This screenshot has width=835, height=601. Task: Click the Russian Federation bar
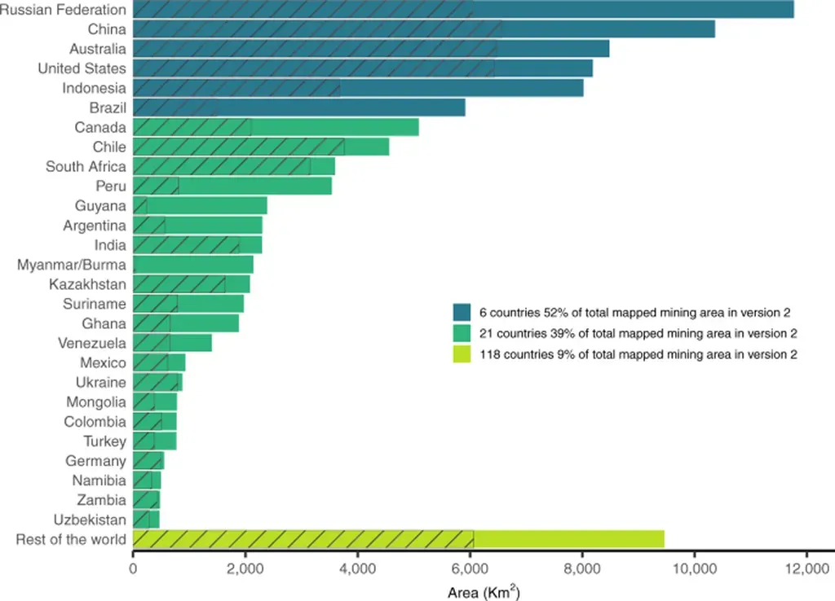[462, 10]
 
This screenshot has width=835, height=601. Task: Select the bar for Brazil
[298, 107]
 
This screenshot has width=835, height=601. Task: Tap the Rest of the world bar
[398, 539]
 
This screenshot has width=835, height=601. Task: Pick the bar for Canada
[276, 127]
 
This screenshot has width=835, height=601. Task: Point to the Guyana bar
[200, 206]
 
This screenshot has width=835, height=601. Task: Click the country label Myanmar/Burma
[72, 265]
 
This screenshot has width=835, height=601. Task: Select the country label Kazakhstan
[87, 284]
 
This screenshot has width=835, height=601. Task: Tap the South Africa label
[86, 166]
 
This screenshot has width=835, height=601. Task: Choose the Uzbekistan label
[90, 520]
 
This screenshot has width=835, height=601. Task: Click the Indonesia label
[94, 88]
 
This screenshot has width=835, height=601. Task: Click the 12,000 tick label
[806, 569]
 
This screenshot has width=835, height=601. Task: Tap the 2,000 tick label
[245, 569]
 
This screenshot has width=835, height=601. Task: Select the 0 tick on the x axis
[133, 569]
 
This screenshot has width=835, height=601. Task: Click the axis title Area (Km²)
[484, 591]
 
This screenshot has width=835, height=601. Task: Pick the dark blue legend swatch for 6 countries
[462, 312]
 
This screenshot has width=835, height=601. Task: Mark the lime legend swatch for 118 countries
[462, 354]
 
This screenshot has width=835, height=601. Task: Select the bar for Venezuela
[172, 343]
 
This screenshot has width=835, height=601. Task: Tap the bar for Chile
[261, 147]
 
